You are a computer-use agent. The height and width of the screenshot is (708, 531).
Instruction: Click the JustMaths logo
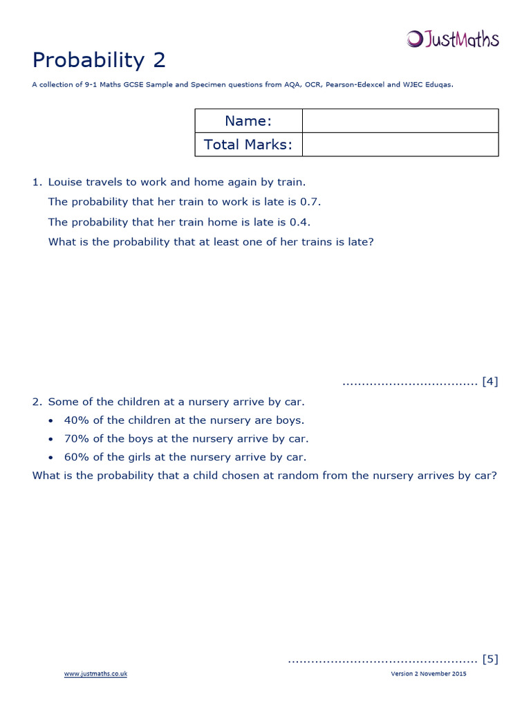tap(452, 39)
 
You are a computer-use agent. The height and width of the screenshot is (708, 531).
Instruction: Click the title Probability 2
tap(99, 60)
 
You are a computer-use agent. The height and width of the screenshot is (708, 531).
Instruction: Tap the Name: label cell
tap(248, 121)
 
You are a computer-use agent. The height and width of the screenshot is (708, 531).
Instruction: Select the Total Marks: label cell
tap(248, 145)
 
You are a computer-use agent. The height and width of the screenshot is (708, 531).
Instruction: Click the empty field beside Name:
tap(400, 121)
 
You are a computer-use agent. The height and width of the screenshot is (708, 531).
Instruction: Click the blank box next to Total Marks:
tap(400, 145)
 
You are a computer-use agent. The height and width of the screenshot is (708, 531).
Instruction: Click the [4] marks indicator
tap(490, 381)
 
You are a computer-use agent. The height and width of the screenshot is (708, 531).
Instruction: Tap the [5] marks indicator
tap(490, 659)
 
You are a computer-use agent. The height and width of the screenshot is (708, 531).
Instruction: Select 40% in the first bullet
tap(76, 420)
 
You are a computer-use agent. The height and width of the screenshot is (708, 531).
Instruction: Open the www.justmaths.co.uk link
tap(95, 674)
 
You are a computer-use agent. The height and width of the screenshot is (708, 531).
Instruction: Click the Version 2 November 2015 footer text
tap(429, 674)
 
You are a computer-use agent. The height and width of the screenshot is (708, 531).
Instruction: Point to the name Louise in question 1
tap(66, 183)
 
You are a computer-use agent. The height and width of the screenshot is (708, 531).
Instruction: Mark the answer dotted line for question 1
tap(410, 382)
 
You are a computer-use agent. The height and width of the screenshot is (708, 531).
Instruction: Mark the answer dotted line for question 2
tap(382, 660)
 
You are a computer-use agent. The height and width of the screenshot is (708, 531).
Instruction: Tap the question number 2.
tap(37, 402)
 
